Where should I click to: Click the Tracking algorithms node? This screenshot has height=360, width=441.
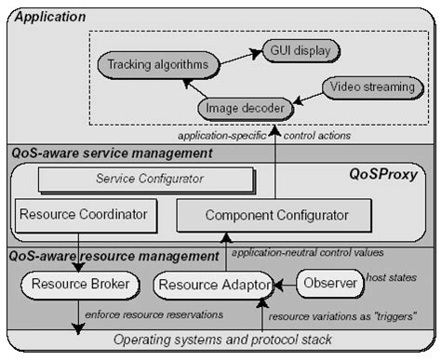pyautogui.click(x=158, y=65)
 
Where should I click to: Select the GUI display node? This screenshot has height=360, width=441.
pyautogui.click(x=301, y=49)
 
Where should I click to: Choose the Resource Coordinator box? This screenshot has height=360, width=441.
pyautogui.click(x=83, y=215)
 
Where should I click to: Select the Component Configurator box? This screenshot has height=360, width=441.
pyautogui.click(x=262, y=216)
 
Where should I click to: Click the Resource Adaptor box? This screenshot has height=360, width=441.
pyautogui.click(x=213, y=284)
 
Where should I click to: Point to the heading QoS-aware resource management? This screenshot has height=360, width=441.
pyautogui.click(x=114, y=255)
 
